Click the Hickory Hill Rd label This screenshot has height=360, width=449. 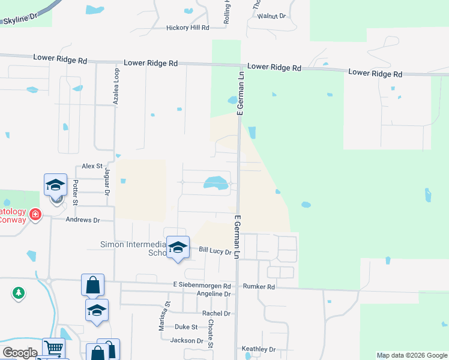[188, 28]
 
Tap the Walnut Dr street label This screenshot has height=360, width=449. [271, 16]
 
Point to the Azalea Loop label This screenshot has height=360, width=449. [116, 86]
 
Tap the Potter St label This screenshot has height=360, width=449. [76, 193]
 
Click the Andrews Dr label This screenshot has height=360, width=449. [83, 220]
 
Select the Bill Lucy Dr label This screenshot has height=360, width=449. [215, 252]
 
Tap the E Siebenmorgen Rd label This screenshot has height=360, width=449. [202, 286]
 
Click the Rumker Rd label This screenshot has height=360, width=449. [259, 287]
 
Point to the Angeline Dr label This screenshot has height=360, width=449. [214, 294]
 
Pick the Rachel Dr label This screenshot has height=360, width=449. [217, 313]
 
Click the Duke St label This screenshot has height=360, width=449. [186, 327]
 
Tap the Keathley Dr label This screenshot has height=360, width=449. [258, 349]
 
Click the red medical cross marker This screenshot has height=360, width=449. [35, 214]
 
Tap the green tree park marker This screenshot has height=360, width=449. [19, 293]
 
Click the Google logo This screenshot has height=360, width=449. [20, 353]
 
